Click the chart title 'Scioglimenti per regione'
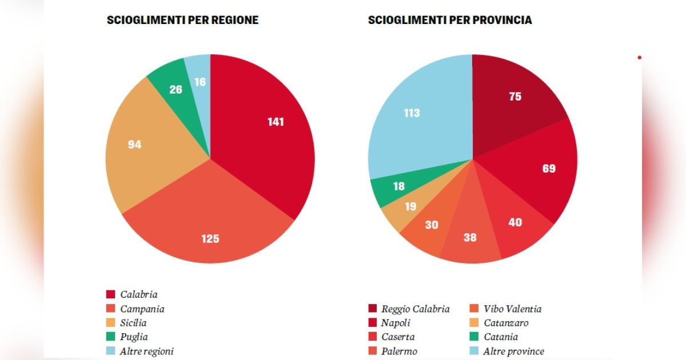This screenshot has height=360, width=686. (182, 20)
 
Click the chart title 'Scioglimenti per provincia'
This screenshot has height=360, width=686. (450, 20)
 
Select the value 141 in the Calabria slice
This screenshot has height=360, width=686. (276, 122)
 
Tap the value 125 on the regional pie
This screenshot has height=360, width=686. (210, 239)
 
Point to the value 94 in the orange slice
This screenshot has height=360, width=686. (134, 145)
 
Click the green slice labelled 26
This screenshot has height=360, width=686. (176, 90)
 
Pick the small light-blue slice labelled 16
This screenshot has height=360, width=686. (200, 82)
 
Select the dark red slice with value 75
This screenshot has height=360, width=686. (515, 97)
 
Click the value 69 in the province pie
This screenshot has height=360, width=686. (548, 169)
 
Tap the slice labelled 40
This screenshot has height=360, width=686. (515, 222)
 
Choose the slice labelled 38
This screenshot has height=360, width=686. (470, 237)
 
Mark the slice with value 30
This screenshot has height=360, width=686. (431, 225)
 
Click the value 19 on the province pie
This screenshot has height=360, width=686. (410, 207)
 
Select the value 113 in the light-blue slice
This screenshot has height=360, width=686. (412, 113)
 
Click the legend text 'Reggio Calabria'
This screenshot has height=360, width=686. (415, 309)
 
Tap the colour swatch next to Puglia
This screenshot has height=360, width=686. (111, 337)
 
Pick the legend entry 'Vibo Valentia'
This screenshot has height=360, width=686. (512, 309)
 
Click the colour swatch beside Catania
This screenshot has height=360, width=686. (474, 337)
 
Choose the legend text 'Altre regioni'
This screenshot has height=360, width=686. (147, 351)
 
